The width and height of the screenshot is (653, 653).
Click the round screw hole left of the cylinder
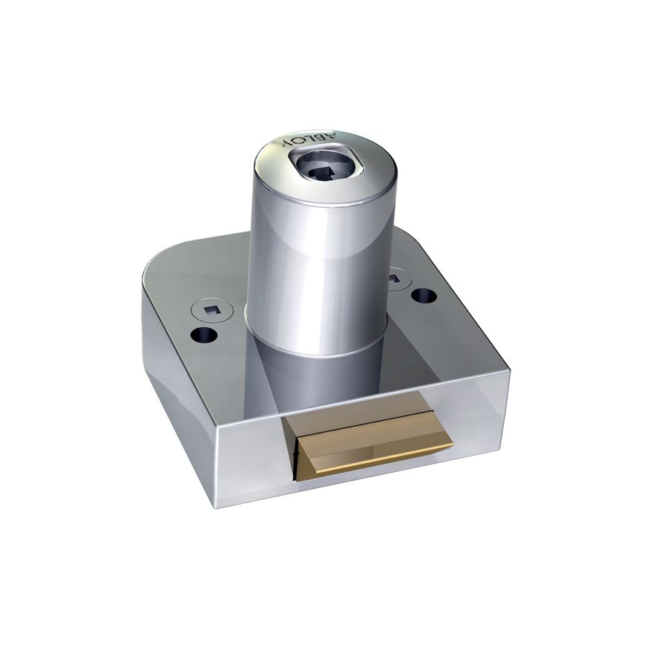coord(205,335)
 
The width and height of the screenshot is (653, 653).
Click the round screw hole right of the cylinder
coord(423,295)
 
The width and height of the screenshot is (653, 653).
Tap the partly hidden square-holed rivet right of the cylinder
coord(393,278)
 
